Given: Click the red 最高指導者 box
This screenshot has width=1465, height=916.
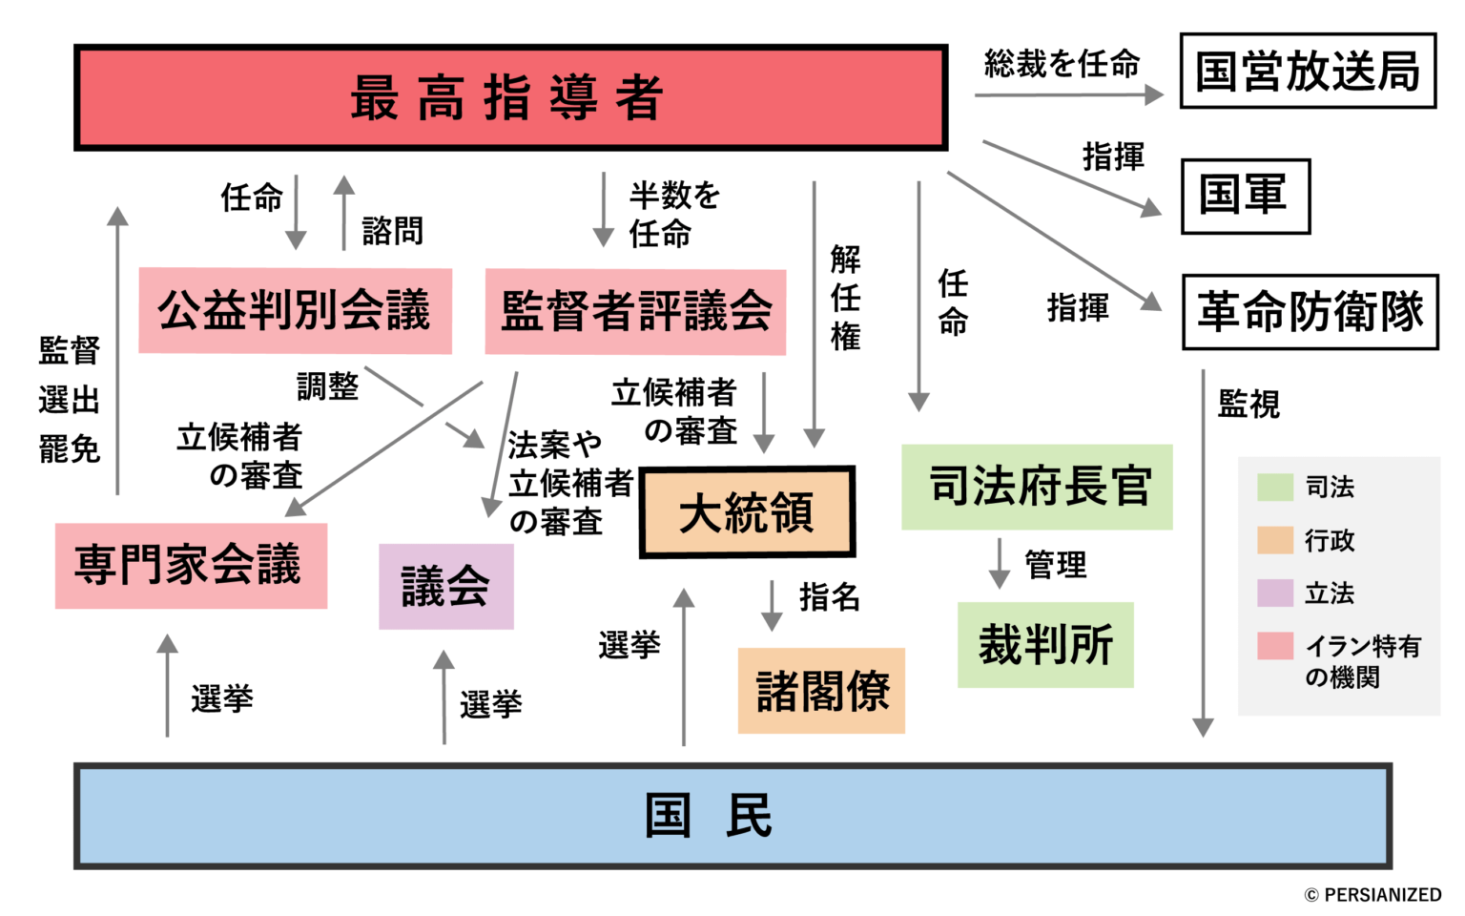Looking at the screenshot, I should pyautogui.click(x=510, y=97).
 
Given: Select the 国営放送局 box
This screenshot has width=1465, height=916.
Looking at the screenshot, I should pyautogui.click(x=1308, y=72).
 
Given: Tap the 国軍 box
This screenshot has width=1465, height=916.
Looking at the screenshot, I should pyautogui.click(x=1245, y=196).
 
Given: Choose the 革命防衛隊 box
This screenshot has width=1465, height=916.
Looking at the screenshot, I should pyautogui.click(x=1310, y=312).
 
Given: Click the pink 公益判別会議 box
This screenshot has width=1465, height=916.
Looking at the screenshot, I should pyautogui.click(x=295, y=311).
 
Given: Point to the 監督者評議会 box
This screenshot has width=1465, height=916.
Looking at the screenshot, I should pyautogui.click(x=635, y=312).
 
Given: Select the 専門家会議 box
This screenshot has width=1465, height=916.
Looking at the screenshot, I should pyautogui.click(x=191, y=565).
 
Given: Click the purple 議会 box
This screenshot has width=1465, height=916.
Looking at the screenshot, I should pyautogui.click(x=445, y=586).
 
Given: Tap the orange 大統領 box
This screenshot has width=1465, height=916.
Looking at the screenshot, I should pyautogui.click(x=747, y=512).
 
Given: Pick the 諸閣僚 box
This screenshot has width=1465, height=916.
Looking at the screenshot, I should pyautogui.click(x=821, y=691).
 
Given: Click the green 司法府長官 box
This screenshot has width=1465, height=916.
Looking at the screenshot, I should pyautogui.click(x=1037, y=487).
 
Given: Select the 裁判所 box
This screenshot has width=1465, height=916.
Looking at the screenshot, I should pyautogui.click(x=1045, y=645).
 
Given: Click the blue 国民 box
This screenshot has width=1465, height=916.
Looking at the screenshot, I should pyautogui.click(x=732, y=816).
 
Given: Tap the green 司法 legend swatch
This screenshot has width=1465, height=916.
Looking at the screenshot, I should pyautogui.click(x=1274, y=487).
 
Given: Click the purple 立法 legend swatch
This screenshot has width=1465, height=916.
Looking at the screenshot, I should pyautogui.click(x=1274, y=593).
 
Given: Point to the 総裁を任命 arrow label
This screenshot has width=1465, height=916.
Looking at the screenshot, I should pyautogui.click(x=1062, y=65).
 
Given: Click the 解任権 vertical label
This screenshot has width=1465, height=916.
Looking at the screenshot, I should pyautogui.click(x=845, y=298).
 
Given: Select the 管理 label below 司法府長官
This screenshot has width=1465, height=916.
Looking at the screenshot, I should pyautogui.click(x=1055, y=565).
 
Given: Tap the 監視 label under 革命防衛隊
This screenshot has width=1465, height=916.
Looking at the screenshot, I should pyautogui.click(x=1248, y=405).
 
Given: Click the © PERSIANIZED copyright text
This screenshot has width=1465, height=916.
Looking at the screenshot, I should pyautogui.click(x=1372, y=895).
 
